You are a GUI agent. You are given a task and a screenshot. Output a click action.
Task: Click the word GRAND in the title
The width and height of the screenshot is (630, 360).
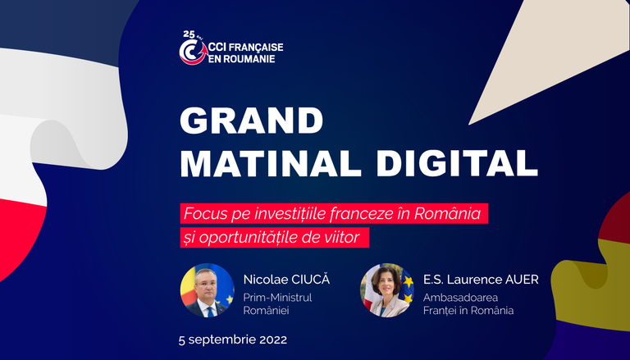pos(252,121)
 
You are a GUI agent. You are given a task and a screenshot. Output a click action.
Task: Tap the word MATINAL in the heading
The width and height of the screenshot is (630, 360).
pos(272,163)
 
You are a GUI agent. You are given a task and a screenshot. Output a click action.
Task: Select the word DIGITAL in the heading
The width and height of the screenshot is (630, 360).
pos(457,163)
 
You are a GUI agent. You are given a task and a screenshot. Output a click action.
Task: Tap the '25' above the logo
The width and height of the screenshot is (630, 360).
pos(189,34)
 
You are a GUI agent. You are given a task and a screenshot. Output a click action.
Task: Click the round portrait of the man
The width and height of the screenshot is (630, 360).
pos(208,290)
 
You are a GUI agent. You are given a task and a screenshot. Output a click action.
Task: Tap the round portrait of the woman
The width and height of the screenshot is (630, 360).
pos(387,290)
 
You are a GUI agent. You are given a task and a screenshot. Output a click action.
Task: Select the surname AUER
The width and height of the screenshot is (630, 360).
pos(523,280)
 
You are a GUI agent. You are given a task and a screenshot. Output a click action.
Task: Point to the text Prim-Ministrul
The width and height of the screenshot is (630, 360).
pos(277,298)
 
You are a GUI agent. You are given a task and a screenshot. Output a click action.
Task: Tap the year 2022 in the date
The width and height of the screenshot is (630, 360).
pos(273,340)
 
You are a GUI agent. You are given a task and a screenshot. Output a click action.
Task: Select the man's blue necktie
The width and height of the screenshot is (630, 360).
pos(210,311)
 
